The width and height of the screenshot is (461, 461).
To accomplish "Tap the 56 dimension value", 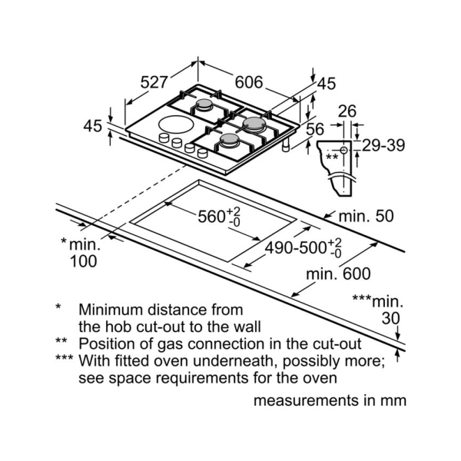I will pos(315,130).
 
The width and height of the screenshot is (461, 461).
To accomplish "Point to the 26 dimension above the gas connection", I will pos(347,111).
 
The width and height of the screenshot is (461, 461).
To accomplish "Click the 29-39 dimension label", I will pos(384,145).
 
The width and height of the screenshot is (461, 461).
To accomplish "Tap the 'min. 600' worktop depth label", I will pos(337,274).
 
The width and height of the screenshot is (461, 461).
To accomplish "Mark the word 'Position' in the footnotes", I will pos(107,343).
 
